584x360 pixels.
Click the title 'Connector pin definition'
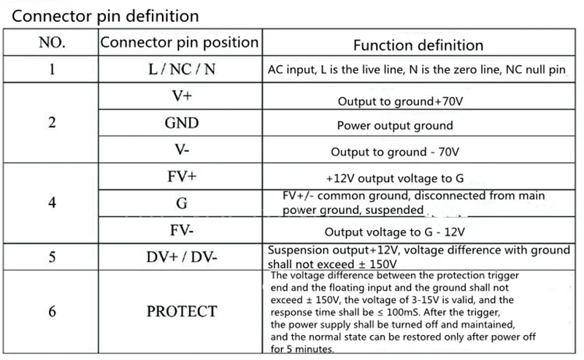point(102,15)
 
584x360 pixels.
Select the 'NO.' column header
point(51,42)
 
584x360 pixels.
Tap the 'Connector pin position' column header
point(179,42)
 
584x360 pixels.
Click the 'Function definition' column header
point(418,45)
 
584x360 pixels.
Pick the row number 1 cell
point(51,71)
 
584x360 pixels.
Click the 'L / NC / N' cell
point(181,71)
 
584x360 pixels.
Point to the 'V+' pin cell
point(181,96)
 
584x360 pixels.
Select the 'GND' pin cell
point(181,123)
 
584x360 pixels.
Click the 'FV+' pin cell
point(181,177)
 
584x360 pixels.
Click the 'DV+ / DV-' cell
point(181,256)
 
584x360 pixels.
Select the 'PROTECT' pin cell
point(181,311)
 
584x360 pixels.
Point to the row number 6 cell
point(51,311)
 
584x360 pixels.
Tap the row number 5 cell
point(51,256)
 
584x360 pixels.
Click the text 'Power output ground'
point(395,125)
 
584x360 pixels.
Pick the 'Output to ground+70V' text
point(395,100)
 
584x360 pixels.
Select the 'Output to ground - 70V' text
point(395,152)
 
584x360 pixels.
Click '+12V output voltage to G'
point(395,179)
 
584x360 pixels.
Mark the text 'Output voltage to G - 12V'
point(395,232)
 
